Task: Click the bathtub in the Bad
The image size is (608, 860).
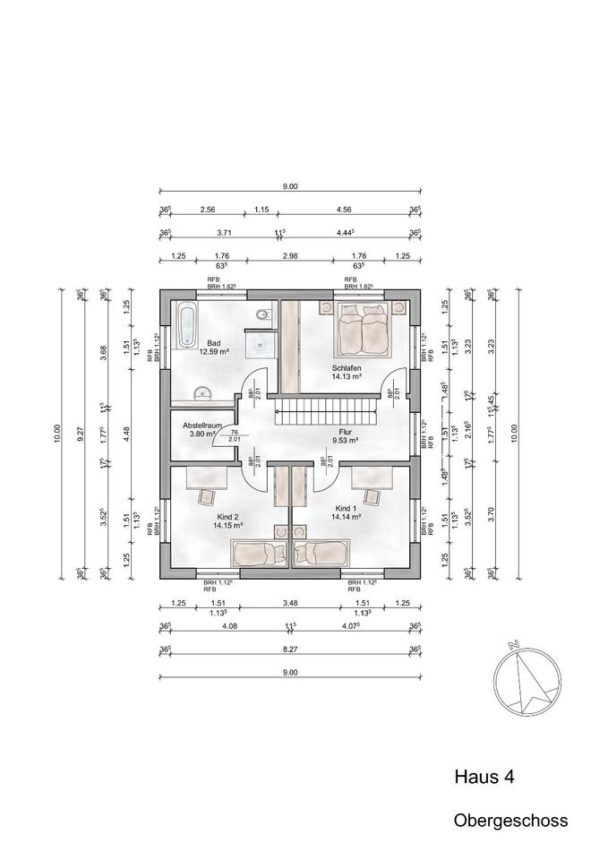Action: click(x=186, y=325)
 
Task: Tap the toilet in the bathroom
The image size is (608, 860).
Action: click(x=261, y=314)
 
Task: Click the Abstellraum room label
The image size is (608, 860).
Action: click(x=201, y=426)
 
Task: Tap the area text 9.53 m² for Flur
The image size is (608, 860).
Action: click(x=345, y=441)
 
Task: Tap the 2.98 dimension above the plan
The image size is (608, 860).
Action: click(x=290, y=256)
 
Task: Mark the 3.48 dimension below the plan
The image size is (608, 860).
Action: click(x=290, y=604)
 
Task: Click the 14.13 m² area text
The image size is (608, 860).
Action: click(x=346, y=377)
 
